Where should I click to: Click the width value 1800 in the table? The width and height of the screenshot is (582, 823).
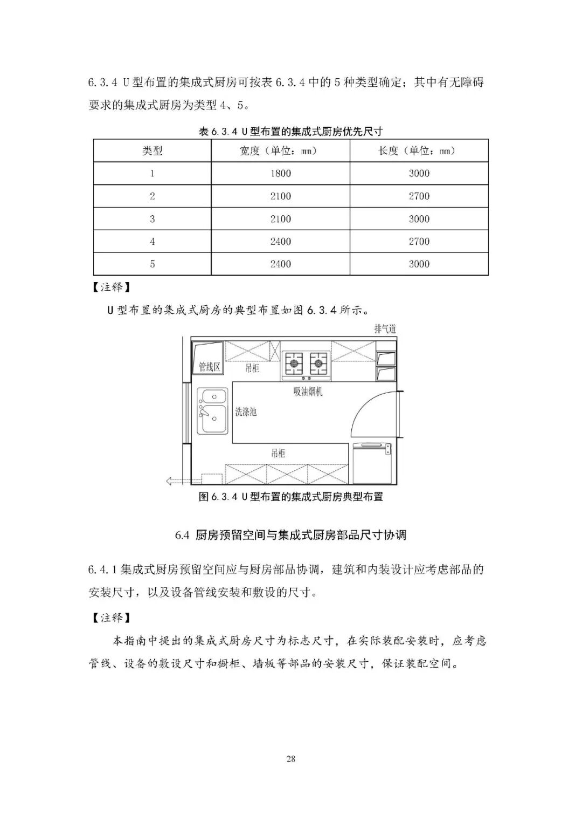tap(280, 174)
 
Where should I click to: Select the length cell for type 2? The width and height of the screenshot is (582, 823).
tap(419, 196)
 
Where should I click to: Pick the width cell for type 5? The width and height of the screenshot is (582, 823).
tap(280, 264)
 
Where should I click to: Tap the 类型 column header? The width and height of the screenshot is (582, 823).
tap(152, 151)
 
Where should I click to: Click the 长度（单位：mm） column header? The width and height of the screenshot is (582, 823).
tap(419, 151)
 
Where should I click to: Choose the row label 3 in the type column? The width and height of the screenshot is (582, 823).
tap(152, 219)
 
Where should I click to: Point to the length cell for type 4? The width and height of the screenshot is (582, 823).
tap(419, 242)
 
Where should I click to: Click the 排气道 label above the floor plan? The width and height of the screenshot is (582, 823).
tap(385, 329)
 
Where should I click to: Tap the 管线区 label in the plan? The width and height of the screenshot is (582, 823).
tap(210, 367)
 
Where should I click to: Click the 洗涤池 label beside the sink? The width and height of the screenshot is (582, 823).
tap(246, 412)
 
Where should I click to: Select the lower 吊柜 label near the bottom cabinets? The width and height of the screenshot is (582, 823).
tap(278, 453)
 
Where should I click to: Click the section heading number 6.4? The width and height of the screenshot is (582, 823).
tap(182, 535)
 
